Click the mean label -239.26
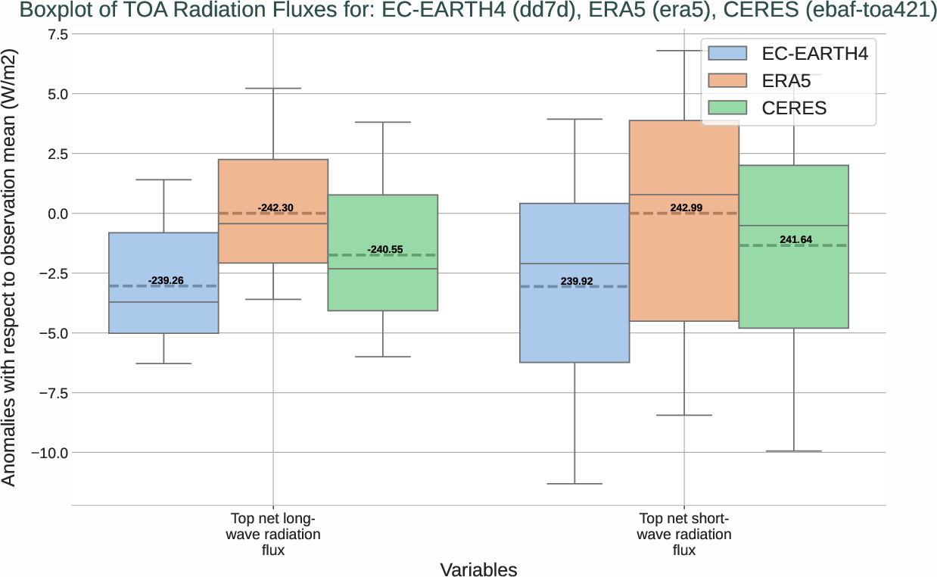166,281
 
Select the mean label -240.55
385,249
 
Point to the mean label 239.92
576,281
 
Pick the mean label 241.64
795,240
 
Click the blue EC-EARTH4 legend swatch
727,53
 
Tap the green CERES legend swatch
727,108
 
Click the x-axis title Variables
478,569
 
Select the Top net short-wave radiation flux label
684,535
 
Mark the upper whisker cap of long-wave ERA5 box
273,89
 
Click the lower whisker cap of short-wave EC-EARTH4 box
574,484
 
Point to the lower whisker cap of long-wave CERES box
383,357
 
